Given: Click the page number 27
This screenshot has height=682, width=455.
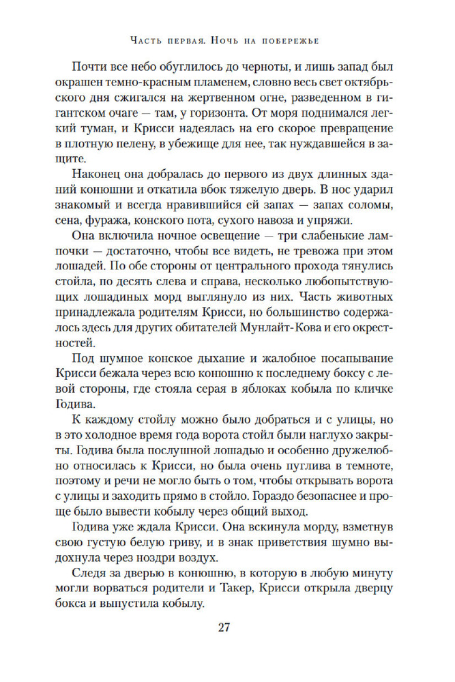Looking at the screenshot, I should click(226, 627).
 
